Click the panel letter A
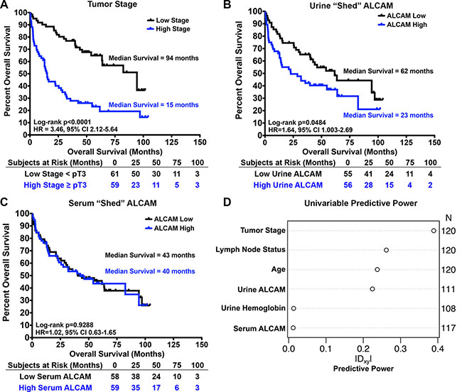point(6,6)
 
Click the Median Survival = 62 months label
point(385,71)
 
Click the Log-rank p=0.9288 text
point(63,322)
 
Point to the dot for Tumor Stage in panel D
point(433,231)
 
